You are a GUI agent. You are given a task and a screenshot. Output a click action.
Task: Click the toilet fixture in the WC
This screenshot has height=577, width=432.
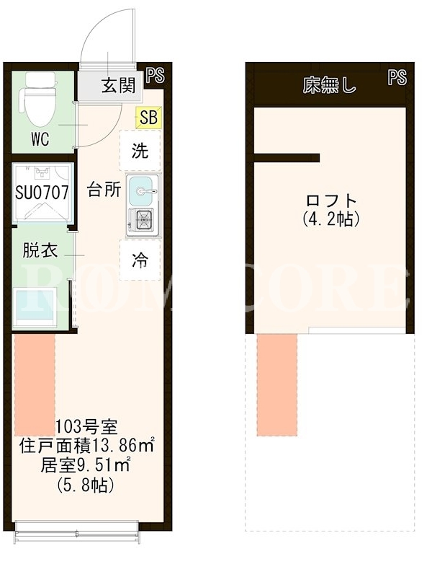[40, 99]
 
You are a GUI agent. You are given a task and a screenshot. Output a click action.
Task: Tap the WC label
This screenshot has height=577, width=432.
[40, 139]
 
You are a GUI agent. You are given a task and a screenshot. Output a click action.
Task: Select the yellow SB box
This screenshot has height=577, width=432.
[148, 118]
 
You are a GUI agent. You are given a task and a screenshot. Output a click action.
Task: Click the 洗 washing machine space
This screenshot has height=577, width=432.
[140, 150]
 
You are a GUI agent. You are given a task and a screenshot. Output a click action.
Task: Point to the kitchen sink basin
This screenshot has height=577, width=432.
[140, 191]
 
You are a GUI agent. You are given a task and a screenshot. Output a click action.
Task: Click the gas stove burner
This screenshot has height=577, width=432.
[143, 220]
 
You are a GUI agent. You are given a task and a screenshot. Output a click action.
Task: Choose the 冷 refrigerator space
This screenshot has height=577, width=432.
[140, 260]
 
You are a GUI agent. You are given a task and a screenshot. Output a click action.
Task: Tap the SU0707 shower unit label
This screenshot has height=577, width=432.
[42, 193]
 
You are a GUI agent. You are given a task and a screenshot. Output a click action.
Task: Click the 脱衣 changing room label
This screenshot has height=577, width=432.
[40, 250]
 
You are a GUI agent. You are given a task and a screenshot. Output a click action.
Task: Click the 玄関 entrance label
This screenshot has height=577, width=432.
[118, 86]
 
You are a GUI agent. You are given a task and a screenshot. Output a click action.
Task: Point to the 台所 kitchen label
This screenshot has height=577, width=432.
[104, 190]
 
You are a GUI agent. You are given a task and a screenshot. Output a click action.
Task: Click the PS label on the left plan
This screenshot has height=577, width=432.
[156, 76]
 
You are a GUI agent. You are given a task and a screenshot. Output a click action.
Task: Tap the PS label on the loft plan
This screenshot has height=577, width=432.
[397, 78]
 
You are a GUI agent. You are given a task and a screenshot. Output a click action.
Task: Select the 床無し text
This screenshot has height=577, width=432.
[330, 86]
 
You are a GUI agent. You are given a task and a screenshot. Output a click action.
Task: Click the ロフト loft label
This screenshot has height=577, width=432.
[331, 201]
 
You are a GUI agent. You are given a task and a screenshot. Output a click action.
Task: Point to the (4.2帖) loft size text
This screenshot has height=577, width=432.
[331, 219]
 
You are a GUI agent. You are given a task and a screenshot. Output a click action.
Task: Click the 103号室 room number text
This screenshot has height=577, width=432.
[86, 427]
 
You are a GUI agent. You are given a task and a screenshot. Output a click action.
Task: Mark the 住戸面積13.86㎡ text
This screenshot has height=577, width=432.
[87, 446]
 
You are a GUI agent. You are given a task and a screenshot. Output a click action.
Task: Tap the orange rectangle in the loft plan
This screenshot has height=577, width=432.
[277, 385]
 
